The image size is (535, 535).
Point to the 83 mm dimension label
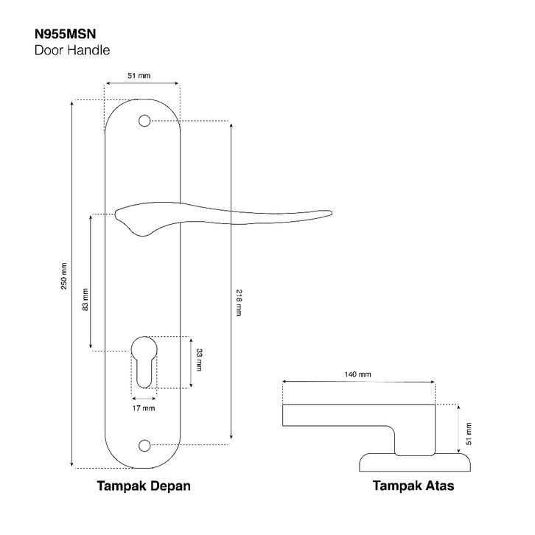(85, 298)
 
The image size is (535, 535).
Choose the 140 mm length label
(358, 374)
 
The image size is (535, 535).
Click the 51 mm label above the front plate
(140, 76)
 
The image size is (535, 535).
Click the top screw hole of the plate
(144, 120)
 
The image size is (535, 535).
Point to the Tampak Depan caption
(144, 486)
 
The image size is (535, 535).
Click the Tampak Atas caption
(413, 486)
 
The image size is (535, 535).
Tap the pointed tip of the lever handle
(329, 214)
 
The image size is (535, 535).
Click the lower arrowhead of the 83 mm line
(91, 346)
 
